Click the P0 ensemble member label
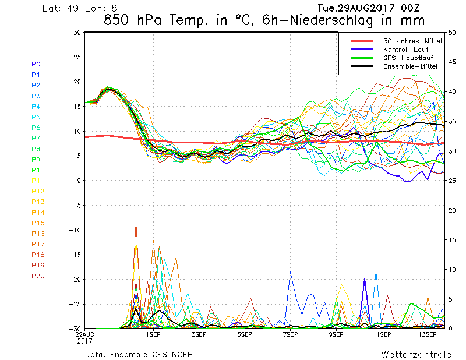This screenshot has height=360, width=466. tap(36, 64)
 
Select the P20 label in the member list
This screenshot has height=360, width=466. tap(38, 276)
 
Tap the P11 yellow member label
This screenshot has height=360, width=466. tap(38, 181)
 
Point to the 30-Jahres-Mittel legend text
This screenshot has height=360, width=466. tap(412, 41)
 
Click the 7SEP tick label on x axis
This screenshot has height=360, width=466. tap(290, 335)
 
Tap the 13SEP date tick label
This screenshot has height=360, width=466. tap(428, 335)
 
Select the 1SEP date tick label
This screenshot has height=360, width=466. tap(153, 335)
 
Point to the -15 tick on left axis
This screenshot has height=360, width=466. tap(75, 255)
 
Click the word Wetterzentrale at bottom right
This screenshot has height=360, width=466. tap(416, 354)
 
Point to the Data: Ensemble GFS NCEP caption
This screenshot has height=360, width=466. tap(138, 354)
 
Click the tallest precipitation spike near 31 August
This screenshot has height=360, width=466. tap(136, 222)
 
